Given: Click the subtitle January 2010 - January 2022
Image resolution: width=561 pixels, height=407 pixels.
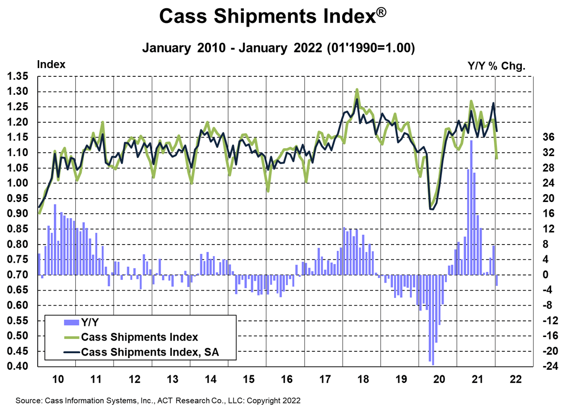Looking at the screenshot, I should click(x=279, y=48).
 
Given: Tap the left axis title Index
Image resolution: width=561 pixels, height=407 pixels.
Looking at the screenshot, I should click(x=51, y=65).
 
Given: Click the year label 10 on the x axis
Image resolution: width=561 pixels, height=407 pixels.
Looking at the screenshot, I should click(x=57, y=379).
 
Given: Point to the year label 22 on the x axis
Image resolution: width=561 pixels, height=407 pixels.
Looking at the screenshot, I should click(x=514, y=379).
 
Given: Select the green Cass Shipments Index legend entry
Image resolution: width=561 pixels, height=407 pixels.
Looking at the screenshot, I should click(x=140, y=337).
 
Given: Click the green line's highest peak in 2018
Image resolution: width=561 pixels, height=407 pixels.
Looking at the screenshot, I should click(x=357, y=90).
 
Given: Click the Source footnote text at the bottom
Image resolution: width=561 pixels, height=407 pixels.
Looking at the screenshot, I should click(x=158, y=400).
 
